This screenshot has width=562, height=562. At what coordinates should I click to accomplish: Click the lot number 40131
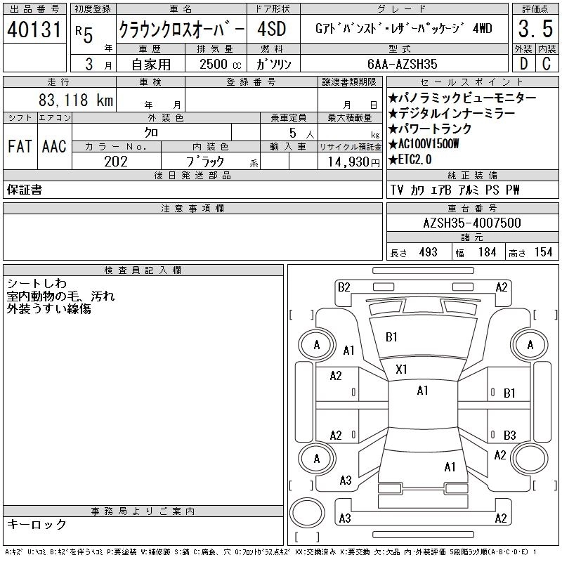click(x=35, y=30)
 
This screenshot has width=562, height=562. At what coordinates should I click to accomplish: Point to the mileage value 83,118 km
click(x=76, y=100)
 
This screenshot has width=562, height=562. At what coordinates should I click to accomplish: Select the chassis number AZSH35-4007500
click(x=472, y=223)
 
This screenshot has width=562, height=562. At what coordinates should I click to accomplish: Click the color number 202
click(x=117, y=162)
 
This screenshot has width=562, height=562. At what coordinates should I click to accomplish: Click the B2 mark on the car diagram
click(x=344, y=287)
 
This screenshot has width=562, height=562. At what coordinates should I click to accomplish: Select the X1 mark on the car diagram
click(x=402, y=369)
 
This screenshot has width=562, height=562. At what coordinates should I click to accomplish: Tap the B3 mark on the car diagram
click(x=509, y=434)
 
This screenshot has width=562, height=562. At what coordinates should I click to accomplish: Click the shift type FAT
click(x=20, y=146)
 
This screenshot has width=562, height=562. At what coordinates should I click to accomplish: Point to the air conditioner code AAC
click(x=54, y=146)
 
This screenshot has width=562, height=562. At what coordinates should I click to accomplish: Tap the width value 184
click(x=486, y=252)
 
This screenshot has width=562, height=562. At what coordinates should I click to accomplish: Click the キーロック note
click(x=37, y=525)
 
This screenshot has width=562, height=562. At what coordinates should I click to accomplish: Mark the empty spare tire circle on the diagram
click(x=307, y=512)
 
